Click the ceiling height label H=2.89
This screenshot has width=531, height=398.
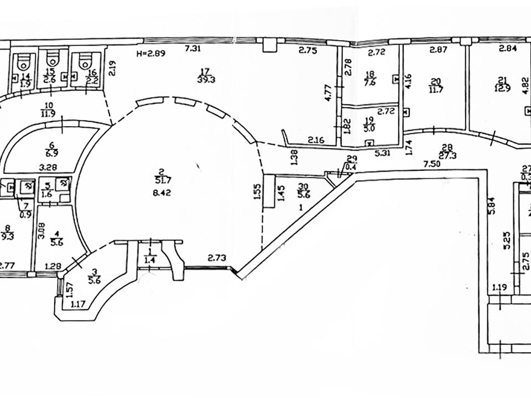pyautogui.click(x=150, y=54)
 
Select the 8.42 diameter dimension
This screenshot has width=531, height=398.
pyautogui.click(x=164, y=193)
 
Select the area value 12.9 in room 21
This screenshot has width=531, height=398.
pyautogui.click(x=502, y=87)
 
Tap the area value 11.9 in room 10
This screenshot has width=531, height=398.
pyautogui.click(x=48, y=114)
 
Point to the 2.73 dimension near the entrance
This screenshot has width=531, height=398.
pyautogui.click(x=217, y=258)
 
